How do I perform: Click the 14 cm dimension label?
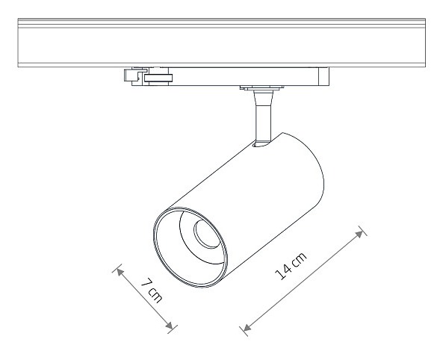(x=291, y=266)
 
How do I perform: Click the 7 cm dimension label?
(x=152, y=290)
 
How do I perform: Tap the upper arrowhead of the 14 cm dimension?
(x=360, y=234)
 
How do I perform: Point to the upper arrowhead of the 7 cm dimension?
(x=120, y=272)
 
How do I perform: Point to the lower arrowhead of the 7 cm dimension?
(x=169, y=325)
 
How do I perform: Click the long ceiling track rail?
(x=222, y=43)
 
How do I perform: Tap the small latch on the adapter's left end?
(x=131, y=75)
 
